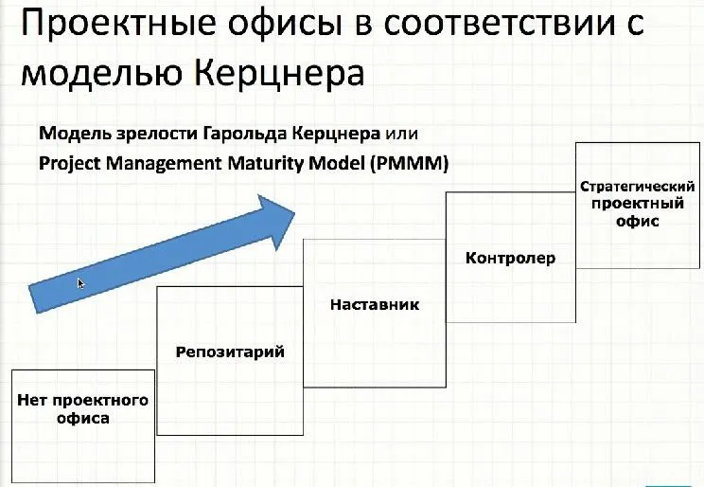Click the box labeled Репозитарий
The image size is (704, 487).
coord(229,360)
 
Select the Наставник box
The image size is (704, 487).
coord(374,312)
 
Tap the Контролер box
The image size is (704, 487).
coord(509,257)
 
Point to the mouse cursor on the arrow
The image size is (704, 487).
coord(81,283)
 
